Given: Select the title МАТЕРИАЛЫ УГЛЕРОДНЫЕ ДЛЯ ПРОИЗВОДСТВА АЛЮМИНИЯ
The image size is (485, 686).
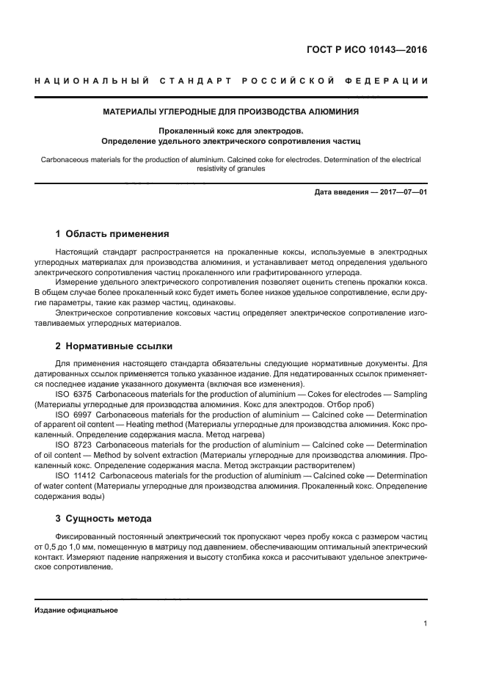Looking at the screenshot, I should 230,112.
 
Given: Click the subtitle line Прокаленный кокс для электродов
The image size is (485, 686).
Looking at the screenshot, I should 230,130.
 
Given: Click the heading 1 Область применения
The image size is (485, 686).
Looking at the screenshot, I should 112,234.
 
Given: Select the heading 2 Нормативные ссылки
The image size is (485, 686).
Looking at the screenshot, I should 114,346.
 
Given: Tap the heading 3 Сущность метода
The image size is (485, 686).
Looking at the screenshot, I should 103,518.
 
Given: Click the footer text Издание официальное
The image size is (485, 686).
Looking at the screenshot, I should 76,610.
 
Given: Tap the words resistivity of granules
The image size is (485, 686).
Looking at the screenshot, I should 230,168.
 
